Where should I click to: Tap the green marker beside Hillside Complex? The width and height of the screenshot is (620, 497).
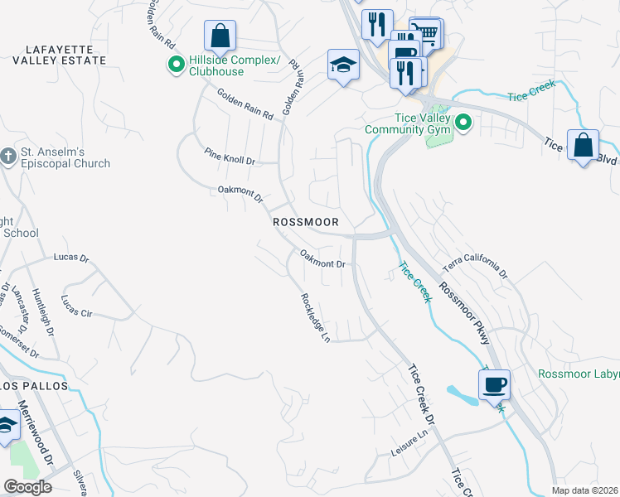(176, 65)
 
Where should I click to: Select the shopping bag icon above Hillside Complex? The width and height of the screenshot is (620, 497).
(220, 36)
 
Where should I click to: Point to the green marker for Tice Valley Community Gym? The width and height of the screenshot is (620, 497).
(463, 123)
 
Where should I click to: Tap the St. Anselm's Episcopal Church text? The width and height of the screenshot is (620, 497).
(65, 157)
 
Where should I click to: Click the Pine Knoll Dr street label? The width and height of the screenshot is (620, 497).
(230, 156)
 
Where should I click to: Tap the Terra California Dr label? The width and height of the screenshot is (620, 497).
(474, 265)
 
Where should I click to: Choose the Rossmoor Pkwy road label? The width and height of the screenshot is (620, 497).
(465, 315)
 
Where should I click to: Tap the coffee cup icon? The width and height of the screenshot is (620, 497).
(494, 384)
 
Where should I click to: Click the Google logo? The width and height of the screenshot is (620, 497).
(27, 487)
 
